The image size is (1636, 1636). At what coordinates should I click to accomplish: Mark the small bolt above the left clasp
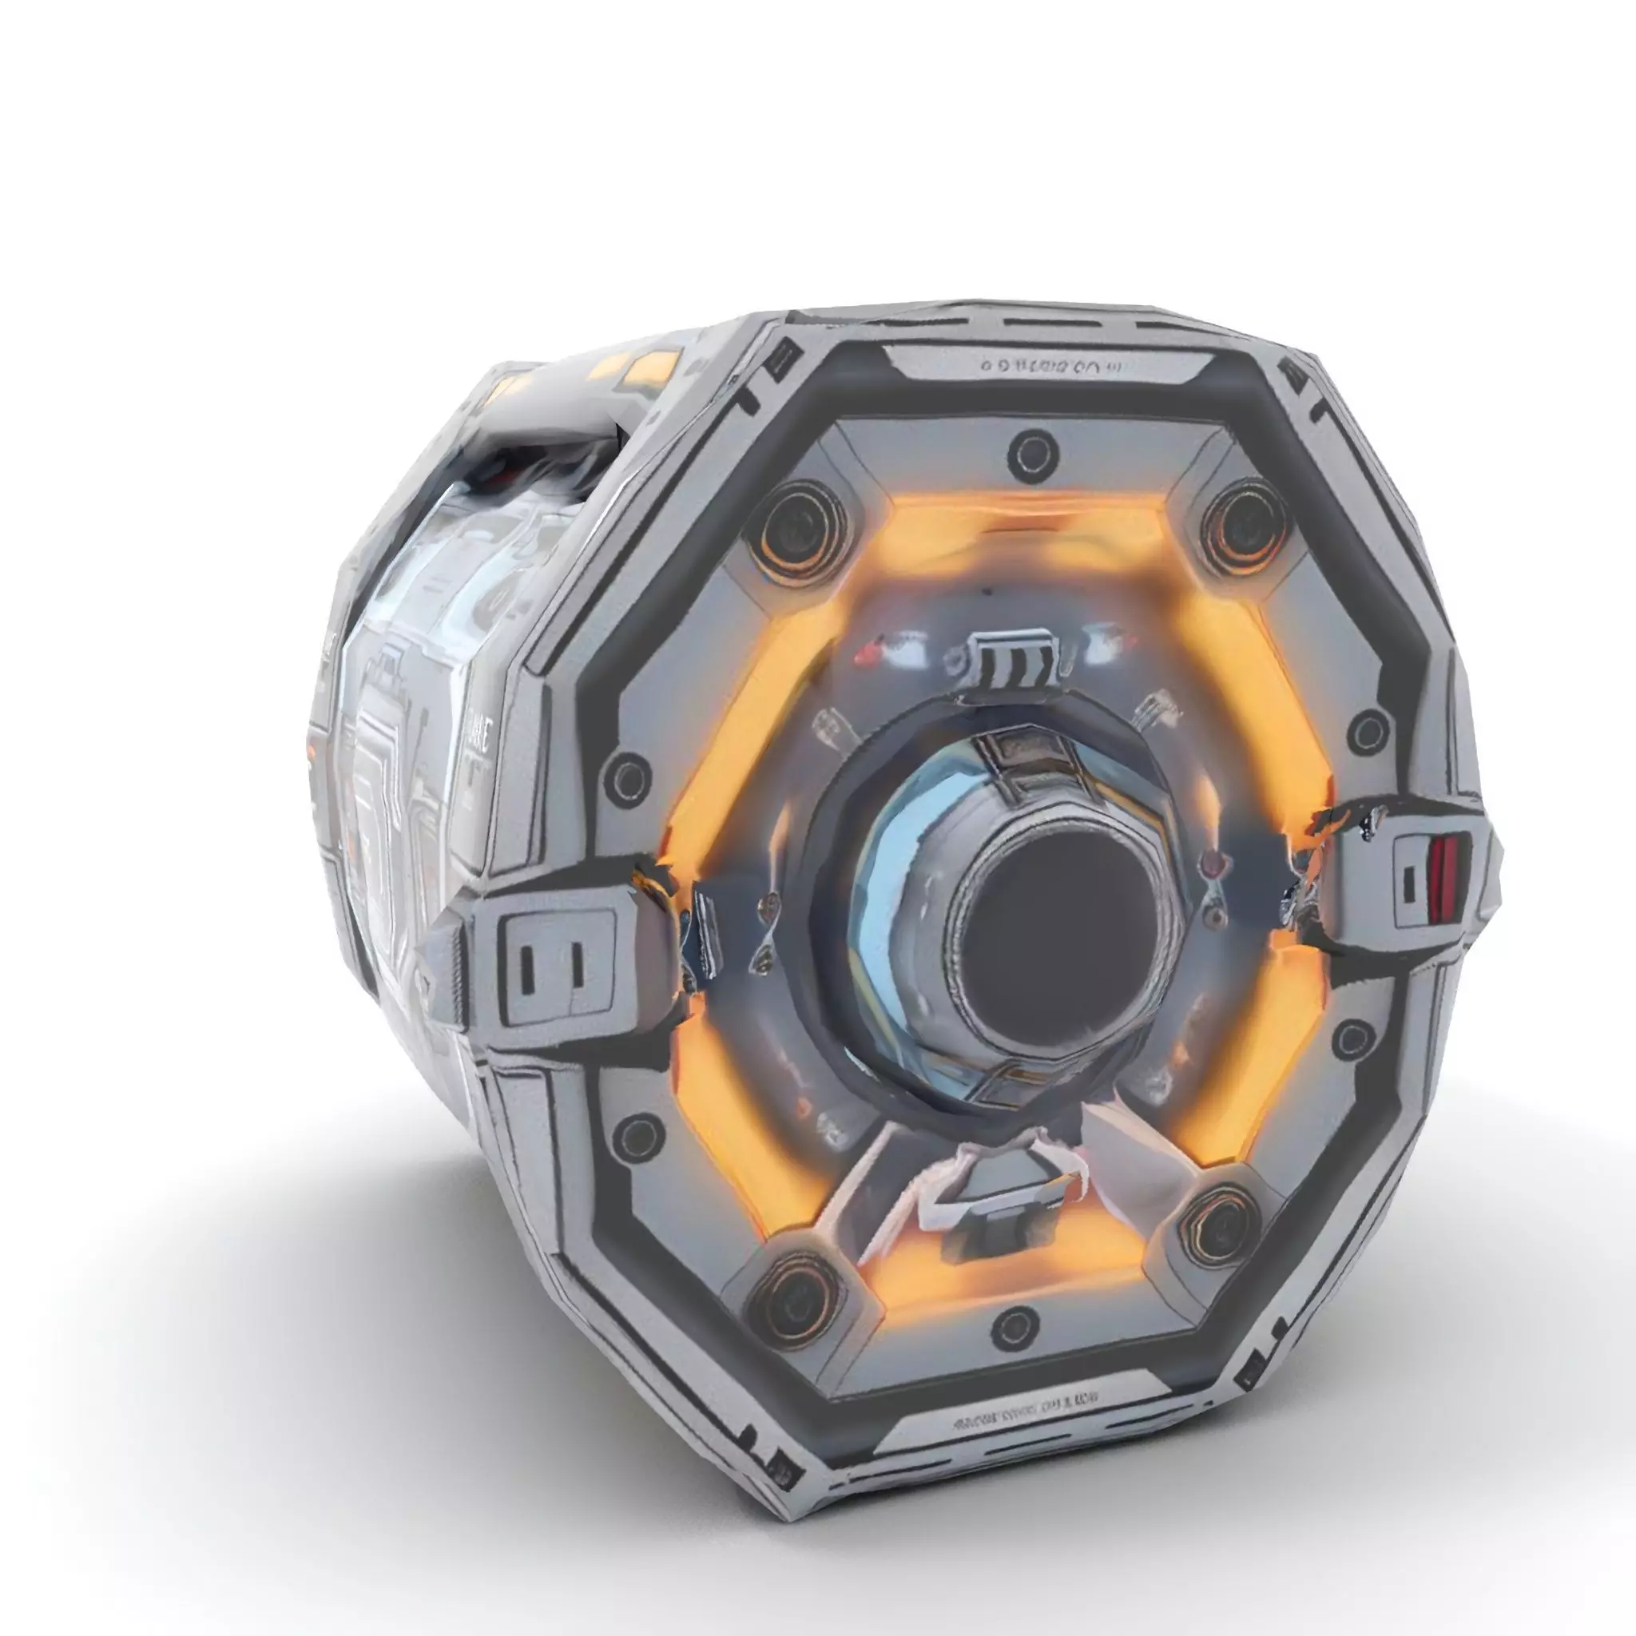pos(631,776)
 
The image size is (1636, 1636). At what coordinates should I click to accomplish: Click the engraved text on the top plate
pos(1050,367)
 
